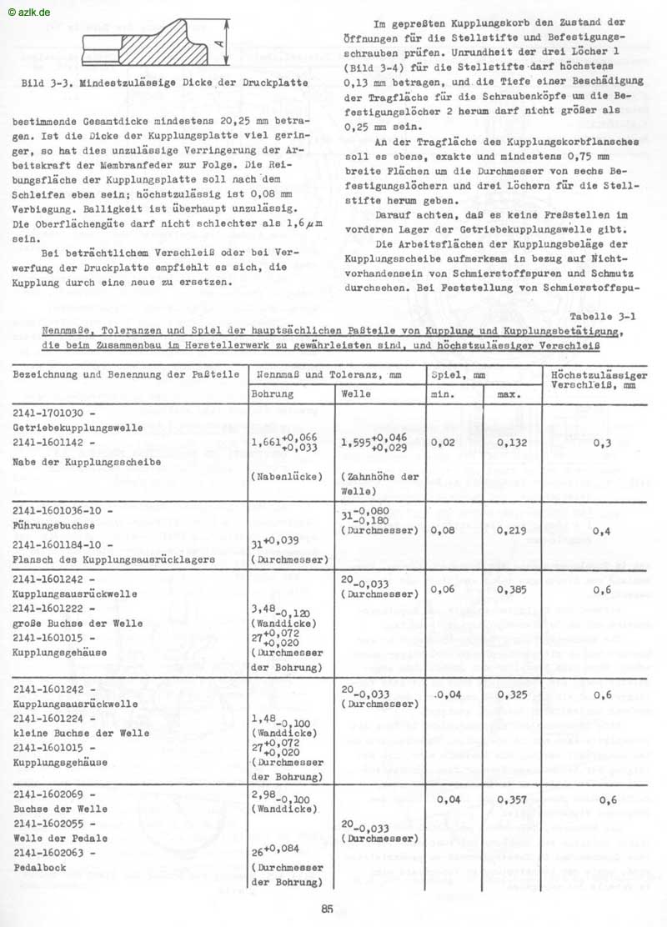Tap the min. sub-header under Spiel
pos(442,393)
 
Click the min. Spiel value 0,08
pos(444,529)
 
